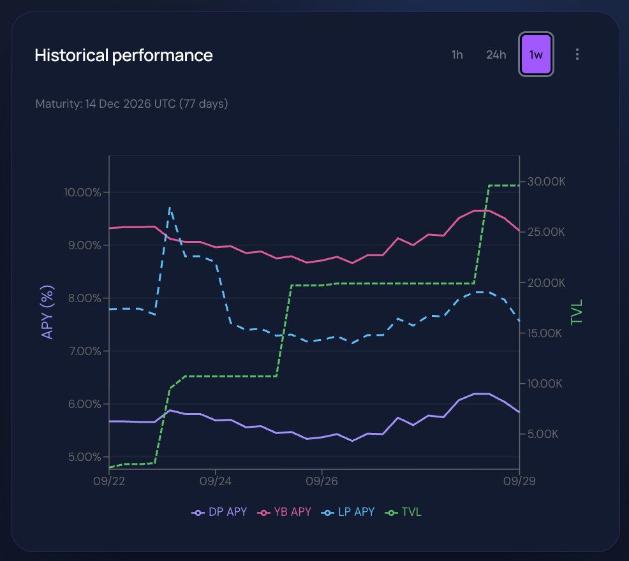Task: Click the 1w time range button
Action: click(x=536, y=54)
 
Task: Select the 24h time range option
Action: click(x=496, y=55)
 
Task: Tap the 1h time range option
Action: click(x=457, y=55)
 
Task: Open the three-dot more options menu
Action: click(x=577, y=55)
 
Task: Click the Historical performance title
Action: click(x=124, y=55)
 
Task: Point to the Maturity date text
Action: click(x=131, y=104)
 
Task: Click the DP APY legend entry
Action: click(x=219, y=512)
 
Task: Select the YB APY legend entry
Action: click(x=284, y=512)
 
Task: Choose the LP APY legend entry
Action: click(x=348, y=512)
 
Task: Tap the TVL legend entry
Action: click(x=403, y=512)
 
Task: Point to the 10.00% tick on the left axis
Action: click(x=82, y=193)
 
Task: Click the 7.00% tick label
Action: click(x=85, y=351)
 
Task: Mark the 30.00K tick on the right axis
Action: click(x=546, y=182)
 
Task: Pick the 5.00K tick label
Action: click(x=542, y=434)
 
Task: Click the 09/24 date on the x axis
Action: click(x=216, y=481)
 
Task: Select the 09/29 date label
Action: click(x=519, y=481)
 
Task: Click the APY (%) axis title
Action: click(x=47, y=312)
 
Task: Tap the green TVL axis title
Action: click(x=577, y=312)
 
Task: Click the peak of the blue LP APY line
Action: click(x=170, y=208)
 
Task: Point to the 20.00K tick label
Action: click(x=546, y=283)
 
